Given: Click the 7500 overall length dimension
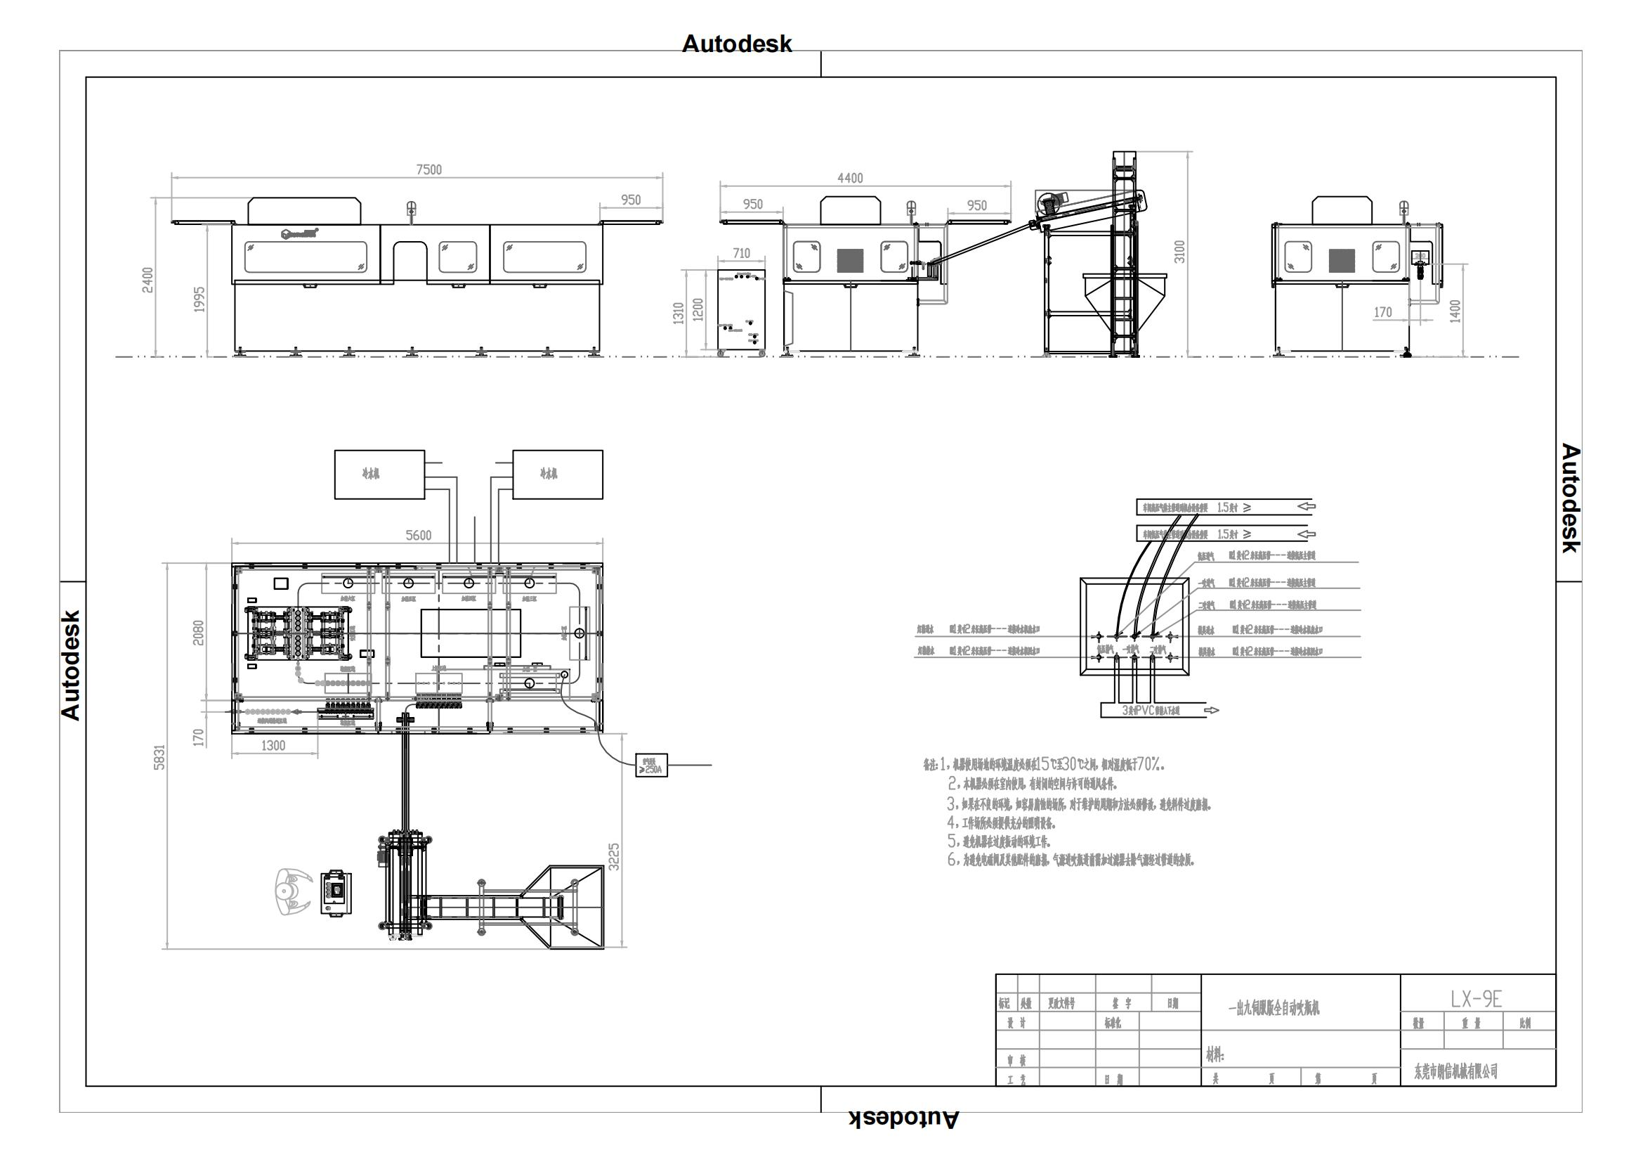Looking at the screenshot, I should click(428, 169).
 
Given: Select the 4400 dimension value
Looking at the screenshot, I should click(850, 179).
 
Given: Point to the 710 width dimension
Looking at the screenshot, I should click(741, 254).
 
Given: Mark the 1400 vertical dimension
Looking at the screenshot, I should click(1455, 311).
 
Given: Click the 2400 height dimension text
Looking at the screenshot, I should click(148, 280).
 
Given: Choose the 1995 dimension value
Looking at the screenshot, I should click(199, 299).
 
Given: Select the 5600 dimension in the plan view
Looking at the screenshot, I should click(419, 536).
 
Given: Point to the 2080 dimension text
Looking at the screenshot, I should click(199, 633).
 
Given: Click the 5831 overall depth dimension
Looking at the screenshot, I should click(159, 758).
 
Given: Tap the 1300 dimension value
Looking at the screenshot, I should click(273, 746).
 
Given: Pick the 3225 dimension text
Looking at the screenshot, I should click(614, 857).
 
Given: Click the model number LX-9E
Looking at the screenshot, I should click(1477, 1000).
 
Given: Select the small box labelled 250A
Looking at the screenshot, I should click(651, 766).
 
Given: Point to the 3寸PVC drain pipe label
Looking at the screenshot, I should click(1151, 711).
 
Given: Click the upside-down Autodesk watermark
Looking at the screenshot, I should click(904, 1119).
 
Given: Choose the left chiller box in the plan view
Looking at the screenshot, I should click(379, 475).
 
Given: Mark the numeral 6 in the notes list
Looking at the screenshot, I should click(952, 860).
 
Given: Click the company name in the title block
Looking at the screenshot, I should click(1456, 1071).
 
